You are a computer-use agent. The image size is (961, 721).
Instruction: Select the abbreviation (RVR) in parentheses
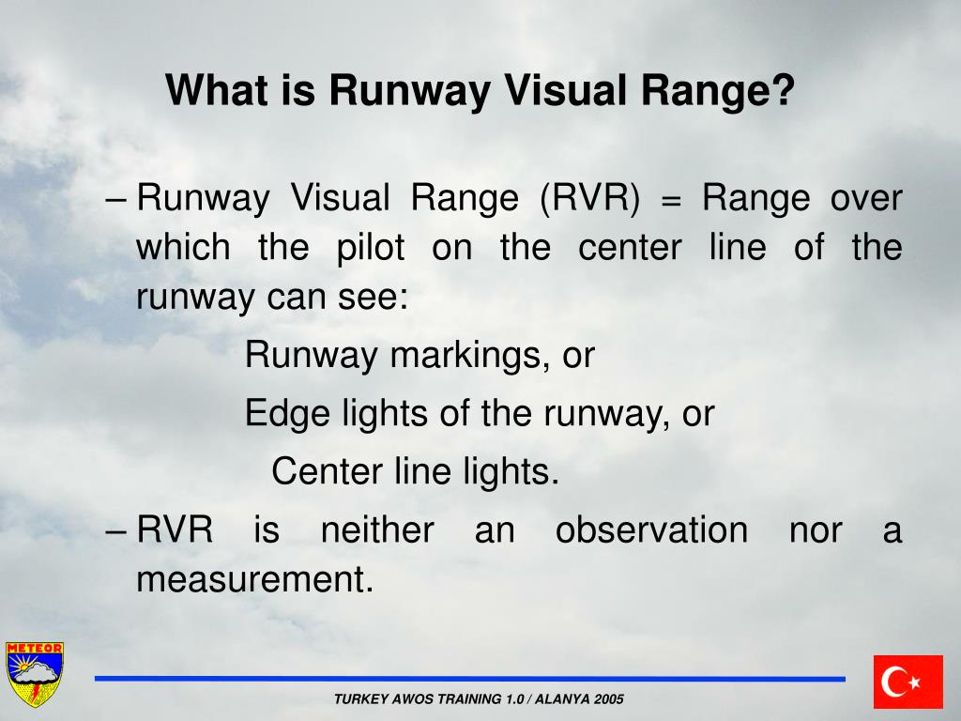coord(589,198)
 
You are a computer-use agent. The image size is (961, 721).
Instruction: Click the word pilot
coord(371,249)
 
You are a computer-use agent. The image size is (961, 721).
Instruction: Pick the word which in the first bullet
coord(183,249)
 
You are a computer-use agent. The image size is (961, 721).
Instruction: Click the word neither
coord(377,530)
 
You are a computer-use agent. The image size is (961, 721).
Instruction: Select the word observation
coord(651,530)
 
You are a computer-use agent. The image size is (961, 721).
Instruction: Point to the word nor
coord(815,530)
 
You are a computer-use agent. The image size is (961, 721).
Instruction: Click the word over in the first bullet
coord(866,199)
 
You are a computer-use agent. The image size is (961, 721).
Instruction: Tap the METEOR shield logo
coord(35,673)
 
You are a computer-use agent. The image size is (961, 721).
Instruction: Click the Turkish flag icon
coord(908,682)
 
